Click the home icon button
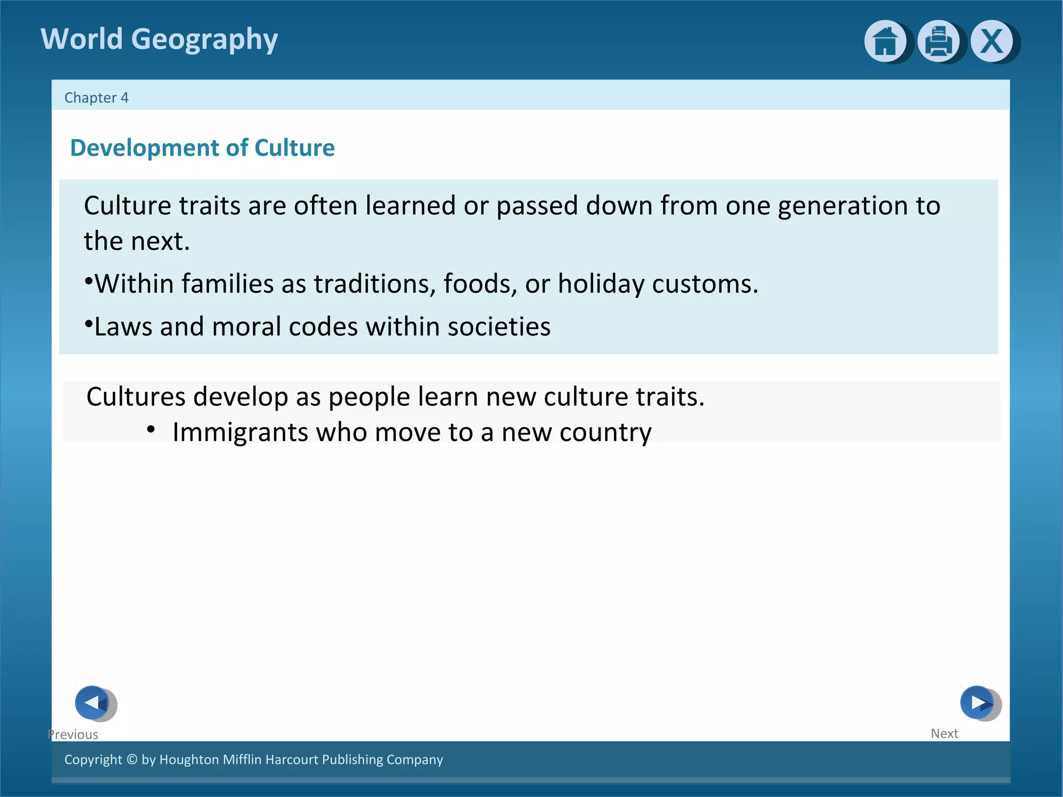click(885, 41)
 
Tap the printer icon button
click(938, 41)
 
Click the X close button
click(991, 41)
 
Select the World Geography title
click(159, 39)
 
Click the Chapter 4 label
click(96, 98)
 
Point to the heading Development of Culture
click(202, 148)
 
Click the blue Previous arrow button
click(93, 703)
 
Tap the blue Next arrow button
click(977, 703)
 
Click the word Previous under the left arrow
click(73, 734)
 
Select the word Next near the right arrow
click(944, 733)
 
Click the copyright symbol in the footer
click(132, 760)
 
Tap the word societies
click(499, 327)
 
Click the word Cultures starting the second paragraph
click(135, 397)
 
